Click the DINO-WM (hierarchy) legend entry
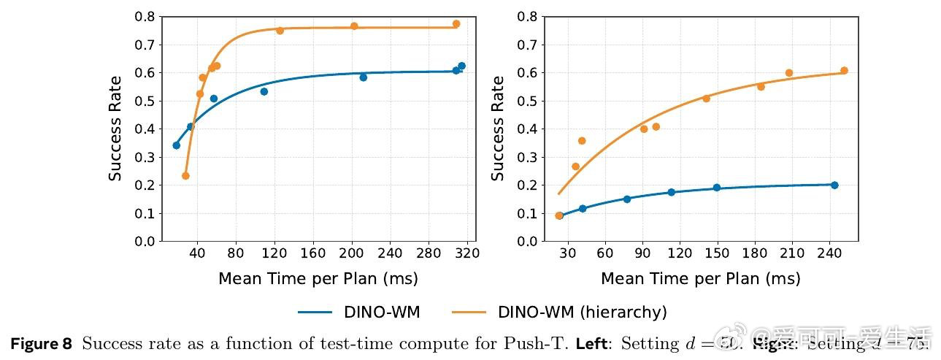582,313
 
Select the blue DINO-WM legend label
382,313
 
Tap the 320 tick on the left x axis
467,253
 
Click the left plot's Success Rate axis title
115,129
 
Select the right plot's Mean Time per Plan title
700,279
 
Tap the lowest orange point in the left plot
185,176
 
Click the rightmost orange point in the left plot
456,24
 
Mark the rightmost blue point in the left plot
461,66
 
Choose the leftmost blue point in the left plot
176,145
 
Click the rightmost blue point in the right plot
834,185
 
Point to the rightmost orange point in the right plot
844,71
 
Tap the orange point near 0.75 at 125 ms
280,31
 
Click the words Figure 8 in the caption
41,344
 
